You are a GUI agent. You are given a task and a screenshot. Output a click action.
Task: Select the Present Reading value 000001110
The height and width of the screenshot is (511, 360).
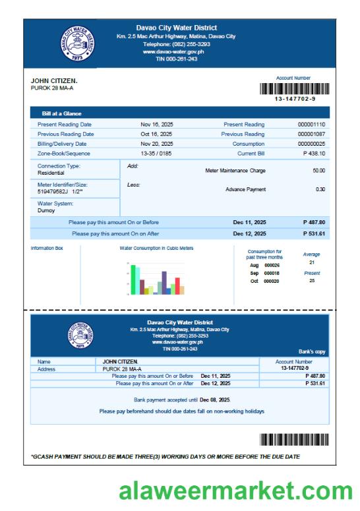311,124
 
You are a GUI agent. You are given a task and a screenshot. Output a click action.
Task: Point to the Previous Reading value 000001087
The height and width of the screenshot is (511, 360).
311,134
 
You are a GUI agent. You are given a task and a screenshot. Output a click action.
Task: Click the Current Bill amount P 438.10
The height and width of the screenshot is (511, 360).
314,153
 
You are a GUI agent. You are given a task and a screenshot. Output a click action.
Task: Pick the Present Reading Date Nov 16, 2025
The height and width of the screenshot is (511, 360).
157,124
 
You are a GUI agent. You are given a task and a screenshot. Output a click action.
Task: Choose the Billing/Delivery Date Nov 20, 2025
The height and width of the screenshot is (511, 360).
157,144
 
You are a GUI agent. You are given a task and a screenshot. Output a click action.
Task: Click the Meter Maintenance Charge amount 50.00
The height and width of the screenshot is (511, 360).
318,170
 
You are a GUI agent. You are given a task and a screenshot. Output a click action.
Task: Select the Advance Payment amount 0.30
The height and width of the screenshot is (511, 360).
320,189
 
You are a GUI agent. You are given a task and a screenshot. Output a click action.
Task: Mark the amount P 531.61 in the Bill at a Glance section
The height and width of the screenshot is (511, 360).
314,233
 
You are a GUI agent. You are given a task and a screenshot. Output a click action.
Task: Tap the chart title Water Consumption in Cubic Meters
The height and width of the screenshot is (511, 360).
157,249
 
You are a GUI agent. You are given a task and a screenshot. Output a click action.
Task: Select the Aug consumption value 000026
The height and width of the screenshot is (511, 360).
272,265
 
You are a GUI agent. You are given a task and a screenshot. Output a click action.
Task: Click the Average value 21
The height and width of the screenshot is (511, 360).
311,262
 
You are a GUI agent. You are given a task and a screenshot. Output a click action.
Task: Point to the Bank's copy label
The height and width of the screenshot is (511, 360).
312,352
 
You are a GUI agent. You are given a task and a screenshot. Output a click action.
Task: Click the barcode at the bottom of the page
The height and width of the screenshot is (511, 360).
293,440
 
